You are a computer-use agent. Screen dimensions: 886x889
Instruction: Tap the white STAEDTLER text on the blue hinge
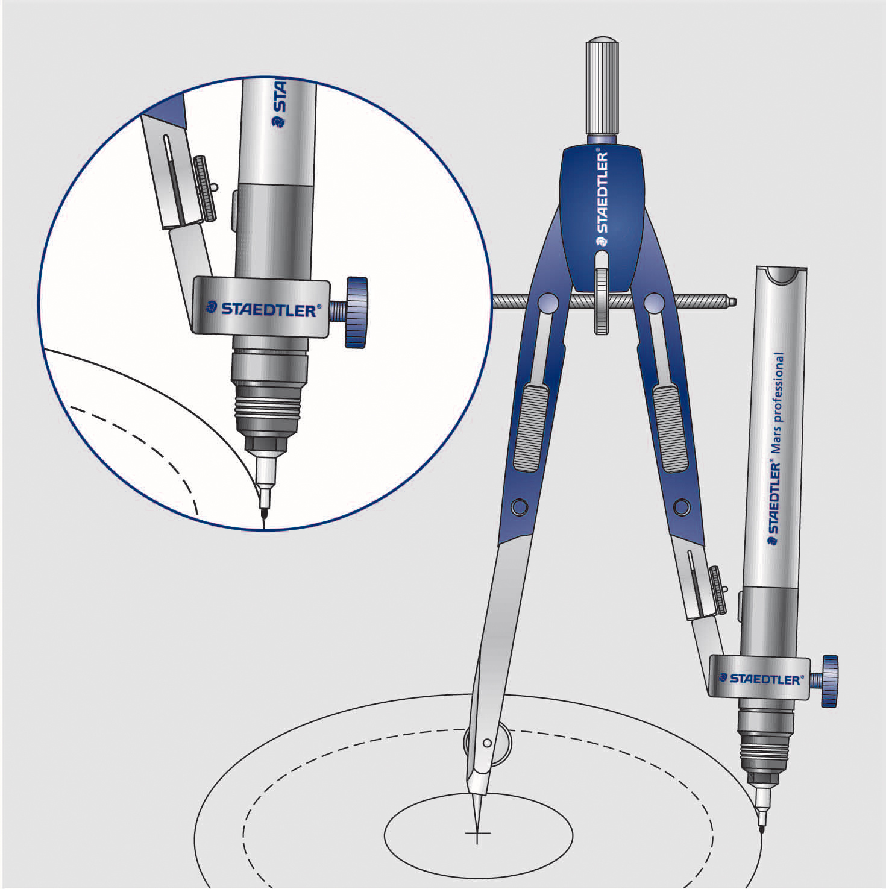(x=602, y=193)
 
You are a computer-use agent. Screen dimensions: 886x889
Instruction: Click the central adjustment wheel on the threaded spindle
(x=601, y=301)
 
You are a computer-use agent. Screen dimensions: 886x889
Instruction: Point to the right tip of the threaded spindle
(x=734, y=300)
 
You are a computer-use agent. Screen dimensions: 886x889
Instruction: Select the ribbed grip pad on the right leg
(x=670, y=427)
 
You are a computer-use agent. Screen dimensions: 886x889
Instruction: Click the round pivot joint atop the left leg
(x=548, y=302)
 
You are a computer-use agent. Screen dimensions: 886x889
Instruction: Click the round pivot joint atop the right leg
(x=654, y=302)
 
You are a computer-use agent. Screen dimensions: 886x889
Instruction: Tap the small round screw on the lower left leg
(x=519, y=506)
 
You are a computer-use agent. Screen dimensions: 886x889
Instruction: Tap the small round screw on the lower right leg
(x=682, y=506)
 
